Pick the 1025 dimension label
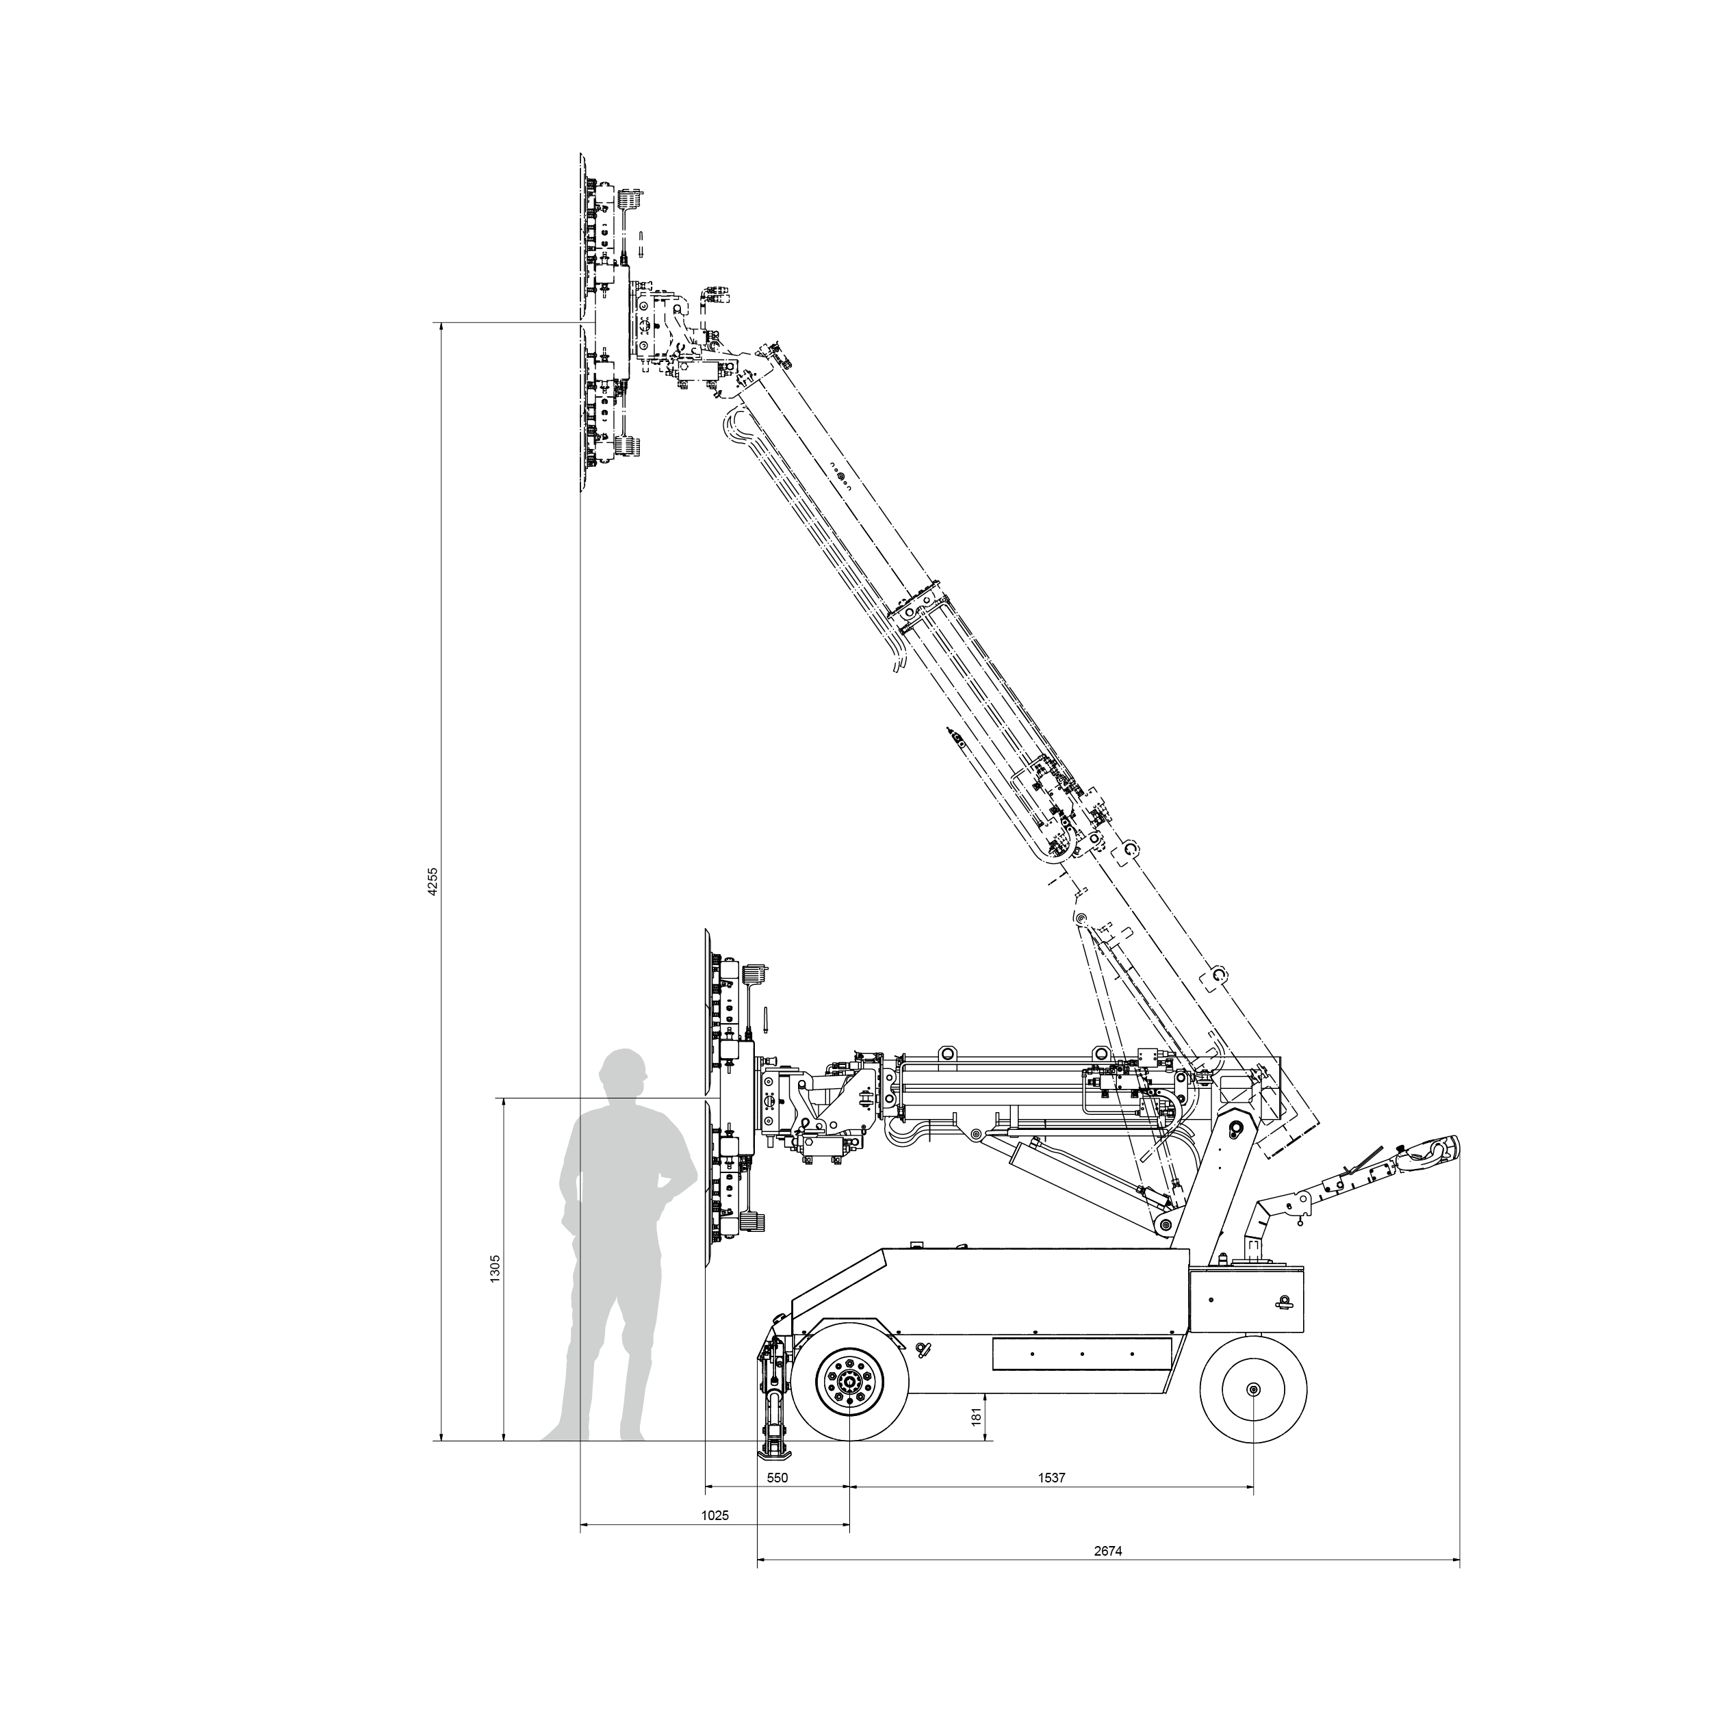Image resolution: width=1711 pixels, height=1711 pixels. pos(715,1515)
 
